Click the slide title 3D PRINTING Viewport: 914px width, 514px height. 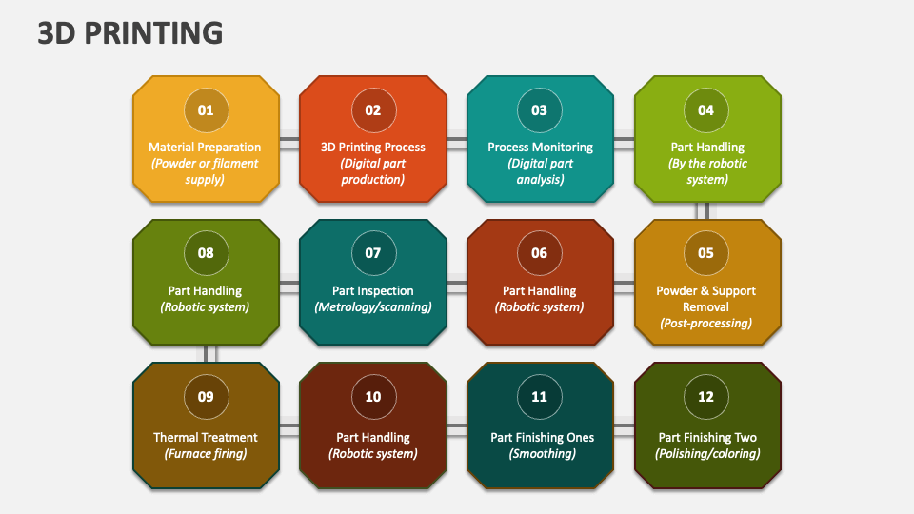coord(130,32)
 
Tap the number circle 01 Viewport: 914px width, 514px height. coord(206,110)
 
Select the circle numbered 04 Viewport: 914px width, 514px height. coord(705,110)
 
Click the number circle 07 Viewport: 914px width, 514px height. coord(372,253)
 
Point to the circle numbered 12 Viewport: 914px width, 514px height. coord(705,397)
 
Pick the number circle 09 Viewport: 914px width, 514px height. coord(206,397)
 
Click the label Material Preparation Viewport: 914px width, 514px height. coord(205,148)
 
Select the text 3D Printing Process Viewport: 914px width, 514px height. coord(372,148)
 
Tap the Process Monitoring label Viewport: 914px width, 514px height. coord(540,148)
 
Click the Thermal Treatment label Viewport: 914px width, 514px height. coord(206,438)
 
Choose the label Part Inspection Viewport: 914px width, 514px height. coord(372,291)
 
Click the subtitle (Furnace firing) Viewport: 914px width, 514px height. coord(206,454)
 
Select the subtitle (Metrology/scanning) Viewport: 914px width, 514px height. coord(372,307)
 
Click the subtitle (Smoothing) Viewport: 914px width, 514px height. coord(540,454)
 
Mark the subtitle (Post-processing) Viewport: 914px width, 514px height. coord(705,324)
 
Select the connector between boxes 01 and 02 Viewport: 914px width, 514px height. coord(289,139)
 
